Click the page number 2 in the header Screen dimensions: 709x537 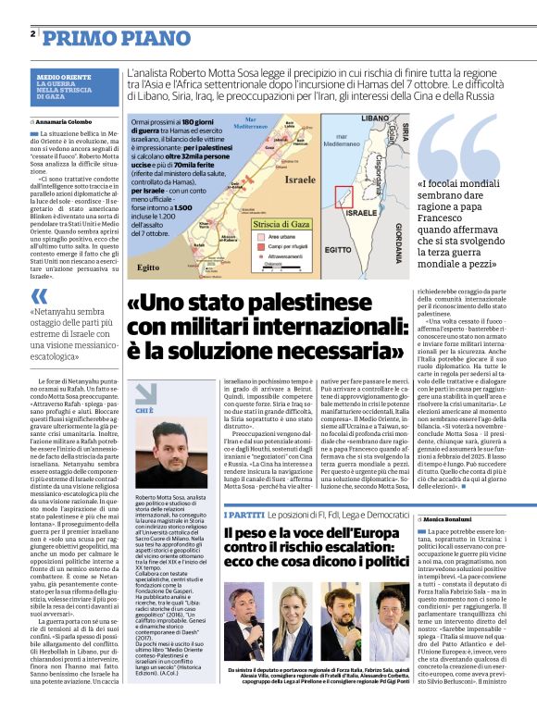pyautogui.click(x=33, y=34)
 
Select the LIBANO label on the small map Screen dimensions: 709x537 pyautogui.click(x=375, y=118)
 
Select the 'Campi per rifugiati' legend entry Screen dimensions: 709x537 pyautogui.click(x=277, y=246)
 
